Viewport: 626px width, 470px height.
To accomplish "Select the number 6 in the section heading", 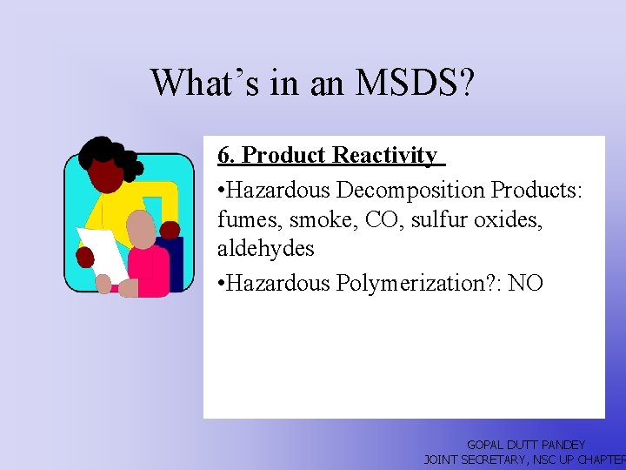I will [x=223, y=156].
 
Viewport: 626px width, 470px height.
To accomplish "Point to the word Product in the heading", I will [x=283, y=156].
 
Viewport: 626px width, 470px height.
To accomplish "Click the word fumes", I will [x=247, y=219].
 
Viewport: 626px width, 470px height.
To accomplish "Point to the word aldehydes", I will [x=265, y=249].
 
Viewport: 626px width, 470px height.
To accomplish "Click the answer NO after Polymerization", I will [x=526, y=283].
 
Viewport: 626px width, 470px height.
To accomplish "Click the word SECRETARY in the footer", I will [x=500, y=459].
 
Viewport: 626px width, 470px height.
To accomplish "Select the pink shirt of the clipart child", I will [x=150, y=270].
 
